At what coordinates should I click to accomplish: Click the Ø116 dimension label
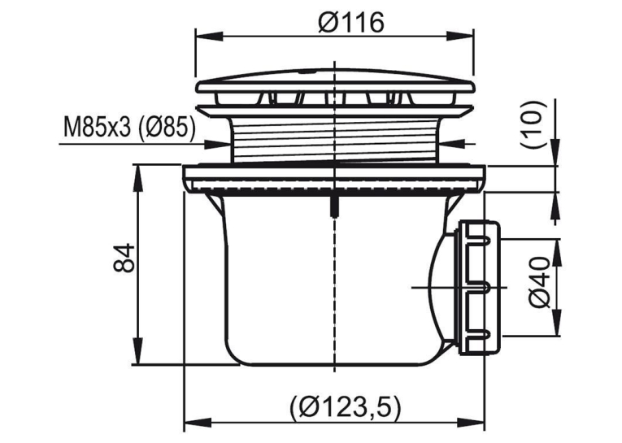click(x=351, y=23)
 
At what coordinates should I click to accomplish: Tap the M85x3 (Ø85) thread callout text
click(x=129, y=127)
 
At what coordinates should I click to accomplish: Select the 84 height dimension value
click(x=124, y=258)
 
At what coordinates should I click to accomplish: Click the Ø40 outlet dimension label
click(x=540, y=282)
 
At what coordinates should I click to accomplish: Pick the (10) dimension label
click(x=534, y=124)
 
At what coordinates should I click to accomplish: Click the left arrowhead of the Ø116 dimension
click(x=209, y=36)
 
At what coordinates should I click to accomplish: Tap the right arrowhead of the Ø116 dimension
click(x=460, y=36)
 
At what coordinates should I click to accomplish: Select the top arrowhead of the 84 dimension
click(x=137, y=178)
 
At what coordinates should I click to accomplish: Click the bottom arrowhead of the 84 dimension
click(x=137, y=351)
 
